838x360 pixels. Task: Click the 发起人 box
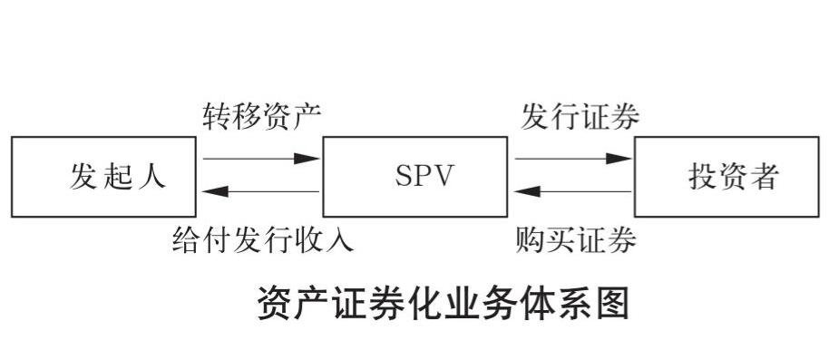[102, 176]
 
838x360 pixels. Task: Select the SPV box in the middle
[414, 176]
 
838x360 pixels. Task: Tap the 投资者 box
[730, 176]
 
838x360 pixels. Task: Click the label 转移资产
[261, 116]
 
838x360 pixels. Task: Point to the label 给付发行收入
[262, 241]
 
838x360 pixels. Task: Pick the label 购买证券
[575, 241]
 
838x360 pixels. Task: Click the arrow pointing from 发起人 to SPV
[261, 158]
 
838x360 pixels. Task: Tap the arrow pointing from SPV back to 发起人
[261, 191]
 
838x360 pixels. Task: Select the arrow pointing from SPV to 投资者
[573, 158]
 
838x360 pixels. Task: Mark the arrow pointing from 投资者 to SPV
[573, 191]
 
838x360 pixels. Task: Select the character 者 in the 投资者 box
[764, 176]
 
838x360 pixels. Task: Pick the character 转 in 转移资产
[217, 116]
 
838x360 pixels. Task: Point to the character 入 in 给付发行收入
[340, 241]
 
